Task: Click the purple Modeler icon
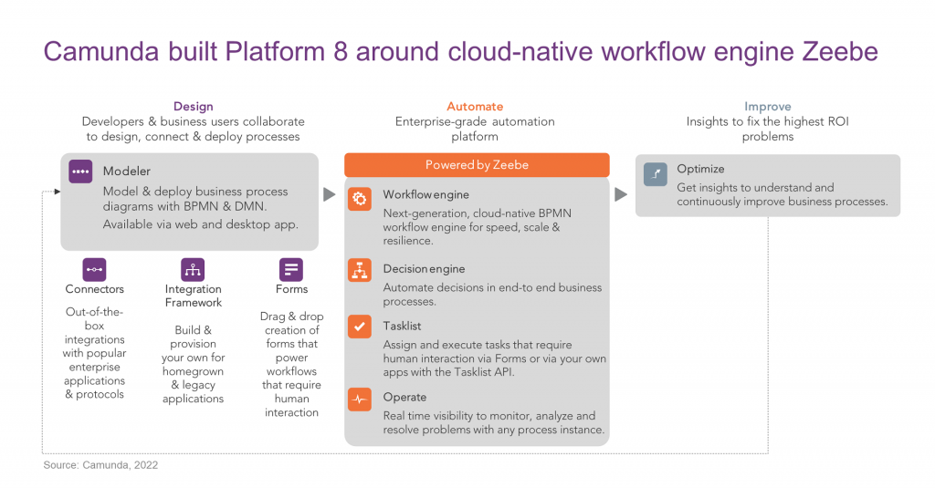[x=80, y=171]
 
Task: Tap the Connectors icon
[x=94, y=269]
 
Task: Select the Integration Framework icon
[x=193, y=269]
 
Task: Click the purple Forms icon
[x=291, y=269]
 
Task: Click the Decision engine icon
[x=360, y=270]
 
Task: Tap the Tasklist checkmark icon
[x=360, y=327]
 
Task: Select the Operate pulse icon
[x=360, y=399]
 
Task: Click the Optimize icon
[x=655, y=173]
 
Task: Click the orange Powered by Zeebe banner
[x=477, y=165]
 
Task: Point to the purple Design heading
[x=193, y=107]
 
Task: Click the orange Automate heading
[x=475, y=107]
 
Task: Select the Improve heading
[x=767, y=107]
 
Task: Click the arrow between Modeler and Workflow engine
[x=330, y=194]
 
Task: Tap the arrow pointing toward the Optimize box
[x=621, y=194]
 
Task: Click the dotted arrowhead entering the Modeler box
[x=56, y=192]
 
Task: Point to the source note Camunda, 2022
[x=100, y=465]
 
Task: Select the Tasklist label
[x=402, y=326]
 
